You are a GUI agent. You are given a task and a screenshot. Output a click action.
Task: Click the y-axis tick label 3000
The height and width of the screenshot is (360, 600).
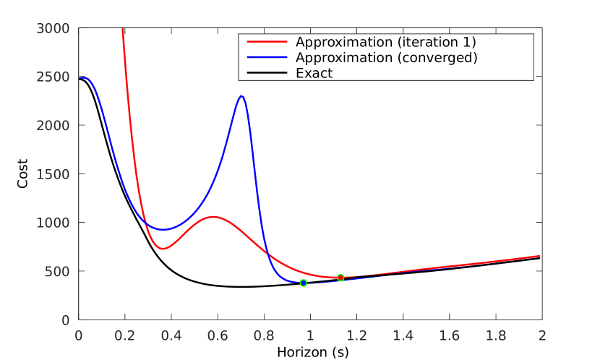(x=53, y=29)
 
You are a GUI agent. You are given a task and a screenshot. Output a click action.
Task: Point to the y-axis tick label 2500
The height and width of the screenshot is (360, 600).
(x=53, y=77)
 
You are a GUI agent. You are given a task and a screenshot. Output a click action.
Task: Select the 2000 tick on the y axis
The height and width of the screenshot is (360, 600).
(x=53, y=126)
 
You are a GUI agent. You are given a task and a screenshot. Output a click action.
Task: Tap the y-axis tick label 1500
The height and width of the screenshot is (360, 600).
(x=53, y=175)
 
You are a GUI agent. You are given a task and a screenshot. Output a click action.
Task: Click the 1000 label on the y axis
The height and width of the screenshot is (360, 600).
(x=53, y=223)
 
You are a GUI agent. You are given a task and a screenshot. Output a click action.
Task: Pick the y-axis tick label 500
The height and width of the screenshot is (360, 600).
(x=57, y=272)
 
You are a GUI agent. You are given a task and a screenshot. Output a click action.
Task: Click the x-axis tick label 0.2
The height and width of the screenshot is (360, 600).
(x=125, y=335)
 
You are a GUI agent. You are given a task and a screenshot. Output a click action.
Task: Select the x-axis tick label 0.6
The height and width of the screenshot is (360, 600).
(x=218, y=335)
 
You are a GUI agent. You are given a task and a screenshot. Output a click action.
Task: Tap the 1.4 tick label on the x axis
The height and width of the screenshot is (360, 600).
(x=403, y=335)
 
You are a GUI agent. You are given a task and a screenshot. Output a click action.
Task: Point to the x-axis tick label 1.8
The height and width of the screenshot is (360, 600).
(x=496, y=335)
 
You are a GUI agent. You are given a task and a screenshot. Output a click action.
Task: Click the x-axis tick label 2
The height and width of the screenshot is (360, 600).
(x=542, y=335)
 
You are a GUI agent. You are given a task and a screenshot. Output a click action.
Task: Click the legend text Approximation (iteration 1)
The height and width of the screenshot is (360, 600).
(x=385, y=42)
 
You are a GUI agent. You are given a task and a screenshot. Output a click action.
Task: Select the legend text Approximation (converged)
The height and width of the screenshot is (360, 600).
(x=386, y=58)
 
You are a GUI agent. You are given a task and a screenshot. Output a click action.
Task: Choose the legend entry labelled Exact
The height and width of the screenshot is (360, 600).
(x=314, y=73)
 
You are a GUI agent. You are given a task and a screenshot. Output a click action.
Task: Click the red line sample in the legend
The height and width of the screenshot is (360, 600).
(x=267, y=42)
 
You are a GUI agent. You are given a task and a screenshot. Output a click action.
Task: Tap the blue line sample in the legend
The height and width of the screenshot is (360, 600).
(x=267, y=58)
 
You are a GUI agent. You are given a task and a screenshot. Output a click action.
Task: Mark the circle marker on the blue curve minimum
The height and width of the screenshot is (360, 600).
(x=304, y=283)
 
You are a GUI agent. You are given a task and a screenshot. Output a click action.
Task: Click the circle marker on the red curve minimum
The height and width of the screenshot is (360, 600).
(x=340, y=278)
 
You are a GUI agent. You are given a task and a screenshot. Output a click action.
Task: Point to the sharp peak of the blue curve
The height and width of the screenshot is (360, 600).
(x=241, y=96)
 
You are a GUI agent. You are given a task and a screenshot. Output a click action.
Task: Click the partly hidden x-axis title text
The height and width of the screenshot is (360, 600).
(x=320, y=353)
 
